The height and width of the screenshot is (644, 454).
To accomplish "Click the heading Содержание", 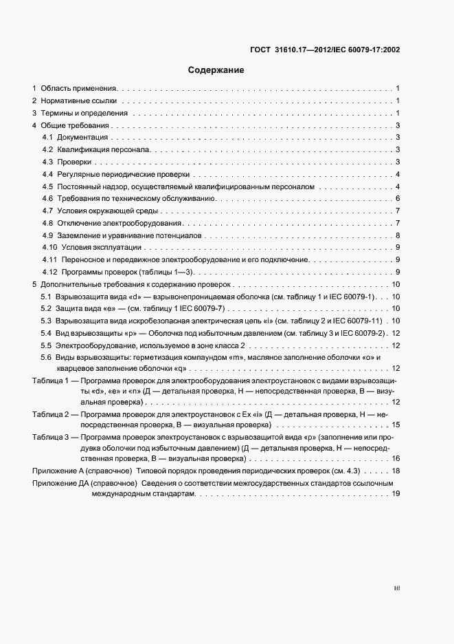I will click(216, 70).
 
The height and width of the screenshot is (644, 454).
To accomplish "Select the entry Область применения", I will click(79, 89).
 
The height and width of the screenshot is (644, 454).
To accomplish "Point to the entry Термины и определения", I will click(84, 114).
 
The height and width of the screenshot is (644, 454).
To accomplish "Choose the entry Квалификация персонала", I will click(106, 150).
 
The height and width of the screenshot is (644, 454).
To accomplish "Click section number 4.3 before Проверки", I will click(47, 162).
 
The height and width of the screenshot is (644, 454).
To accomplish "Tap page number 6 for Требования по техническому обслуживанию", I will click(398, 199).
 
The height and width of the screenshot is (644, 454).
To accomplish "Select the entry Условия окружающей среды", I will click(108, 211).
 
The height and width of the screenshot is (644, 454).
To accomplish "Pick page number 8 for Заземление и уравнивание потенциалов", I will click(398, 235).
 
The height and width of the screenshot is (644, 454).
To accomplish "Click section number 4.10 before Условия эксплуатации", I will click(49, 248).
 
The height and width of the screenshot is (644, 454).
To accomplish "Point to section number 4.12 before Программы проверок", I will click(49, 272).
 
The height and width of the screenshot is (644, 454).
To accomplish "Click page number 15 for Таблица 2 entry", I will click(396, 425).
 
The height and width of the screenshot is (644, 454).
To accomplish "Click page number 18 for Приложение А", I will click(396, 471).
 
